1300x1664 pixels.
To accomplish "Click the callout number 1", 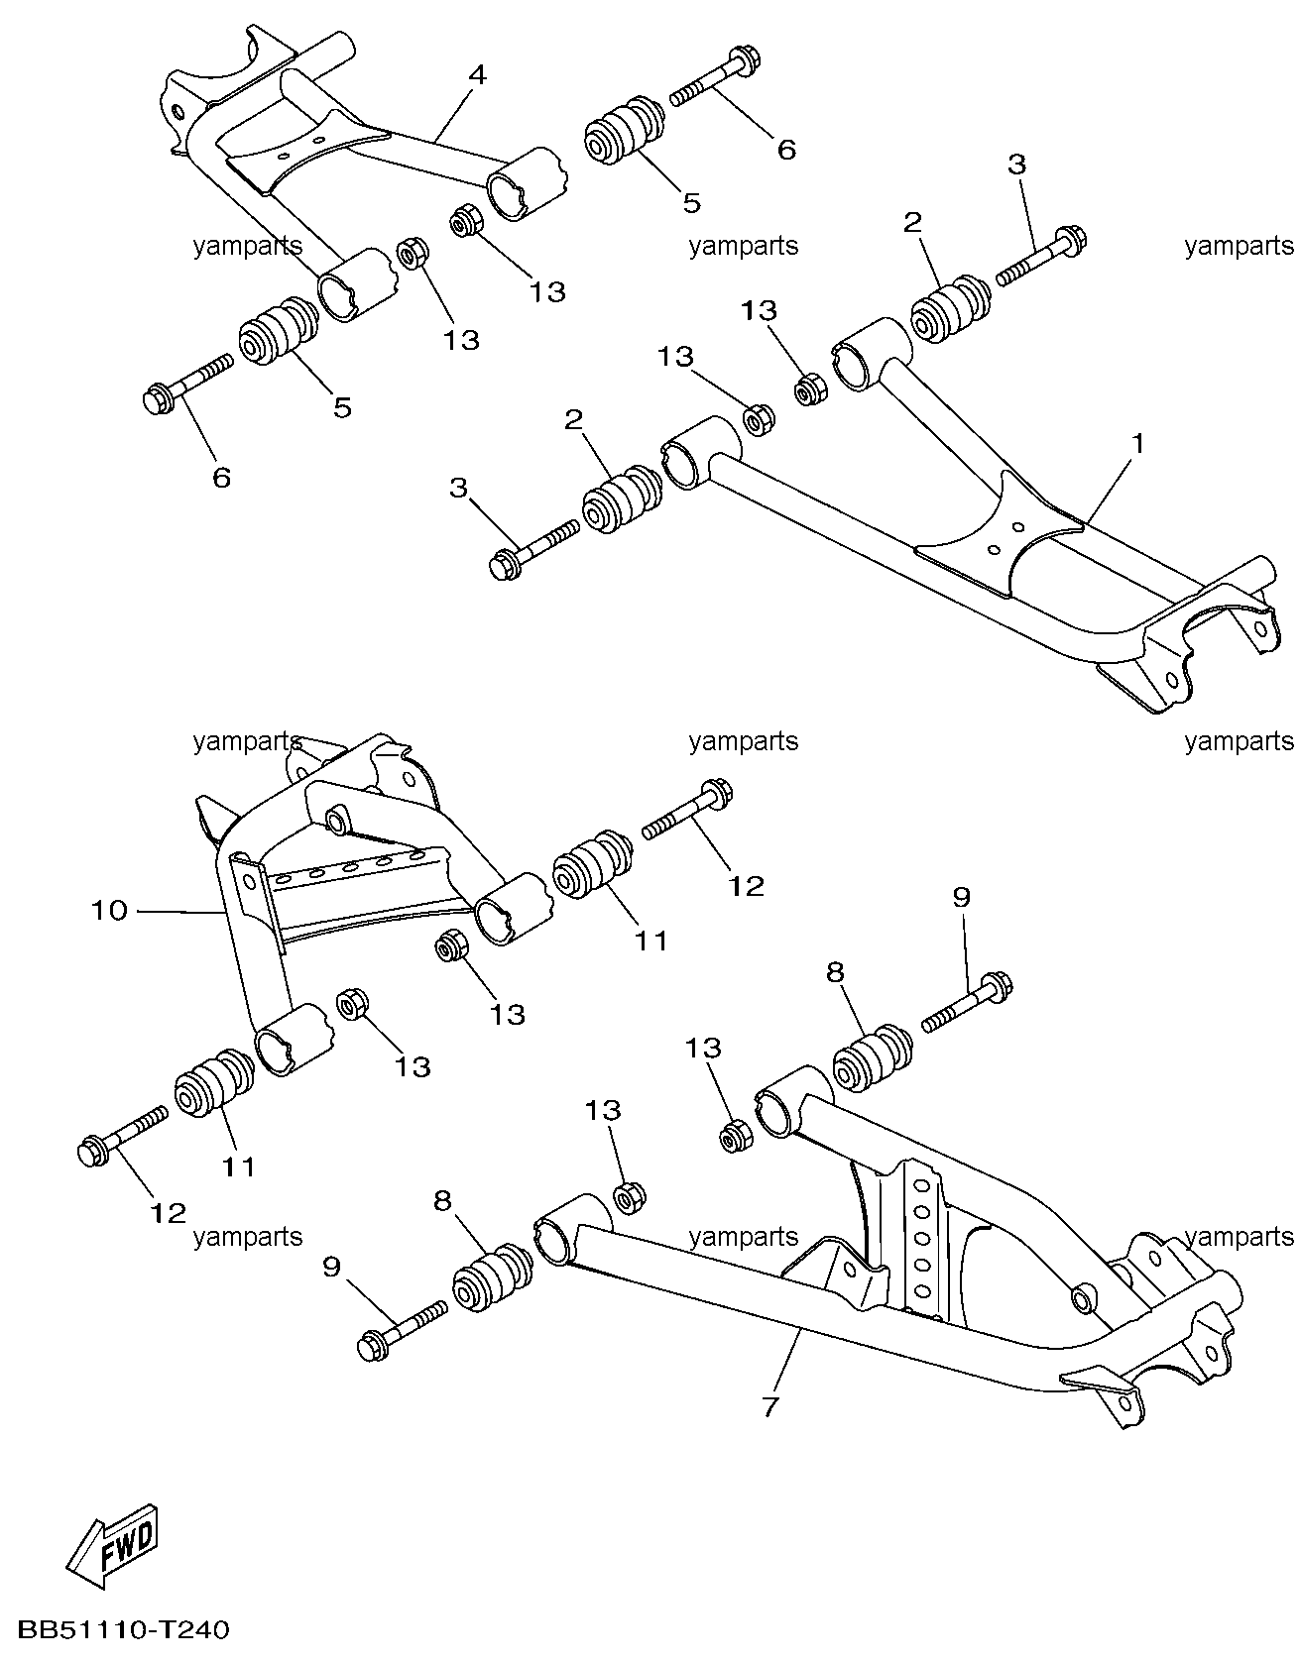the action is click(1137, 444).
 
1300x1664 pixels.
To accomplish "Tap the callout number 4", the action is click(477, 74).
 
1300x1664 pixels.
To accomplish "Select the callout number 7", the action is click(770, 1407).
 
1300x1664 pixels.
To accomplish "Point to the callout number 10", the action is click(110, 910).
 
